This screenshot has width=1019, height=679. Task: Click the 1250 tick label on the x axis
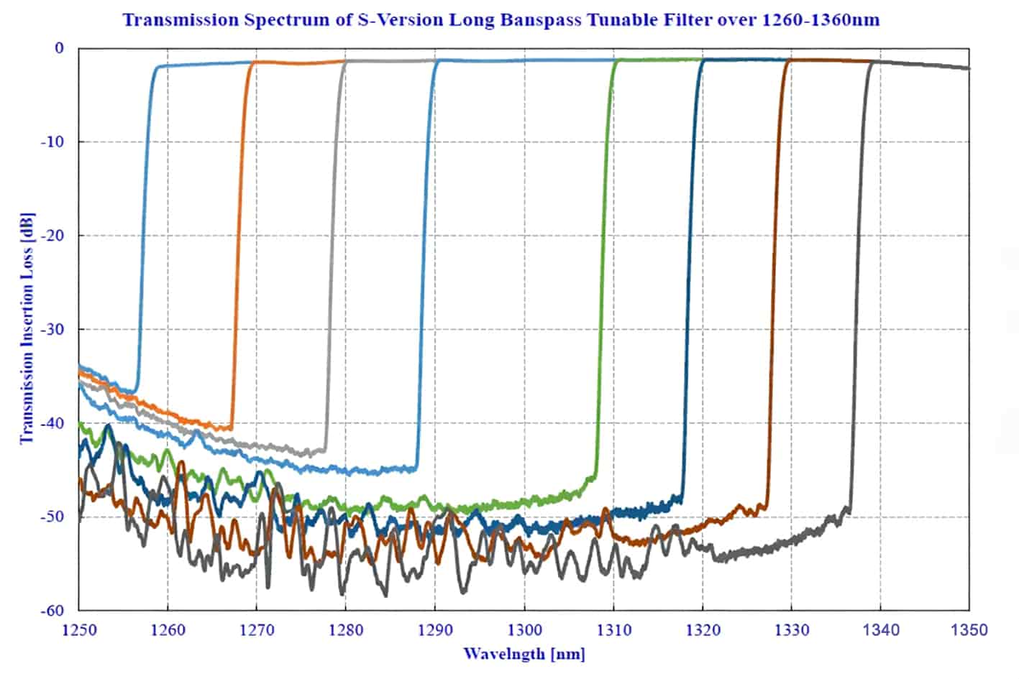tap(78, 630)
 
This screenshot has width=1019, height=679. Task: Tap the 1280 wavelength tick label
tap(346, 630)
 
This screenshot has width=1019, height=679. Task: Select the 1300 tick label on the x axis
tap(524, 630)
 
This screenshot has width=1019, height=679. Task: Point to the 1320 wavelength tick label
tap(703, 630)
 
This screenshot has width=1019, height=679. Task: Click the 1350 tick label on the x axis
tap(969, 630)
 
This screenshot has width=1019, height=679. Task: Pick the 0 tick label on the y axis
tap(59, 48)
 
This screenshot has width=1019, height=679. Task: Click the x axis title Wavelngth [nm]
tap(524, 654)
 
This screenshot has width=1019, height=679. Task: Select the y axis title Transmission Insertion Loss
tap(27, 331)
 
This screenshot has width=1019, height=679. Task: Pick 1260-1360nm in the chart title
tap(818, 19)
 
